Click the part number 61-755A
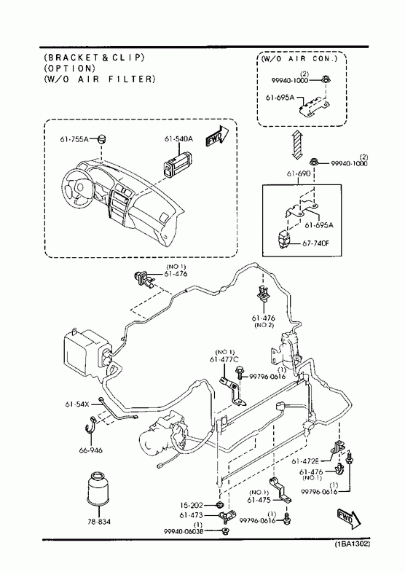point(74,139)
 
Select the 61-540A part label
point(178,139)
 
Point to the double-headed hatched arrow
point(298,144)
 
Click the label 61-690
point(299,173)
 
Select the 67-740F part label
point(315,243)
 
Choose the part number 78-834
point(98,522)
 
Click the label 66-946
point(91,450)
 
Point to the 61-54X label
point(77,404)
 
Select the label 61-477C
point(224,360)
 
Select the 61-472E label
point(305,461)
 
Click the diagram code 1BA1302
point(353,544)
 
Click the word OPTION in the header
point(70,68)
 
